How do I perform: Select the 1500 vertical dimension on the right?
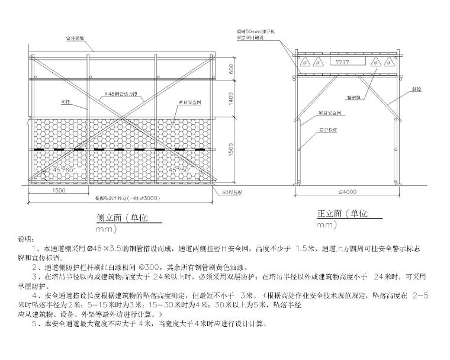232,151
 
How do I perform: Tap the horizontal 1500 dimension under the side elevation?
59,191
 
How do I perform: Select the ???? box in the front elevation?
342,62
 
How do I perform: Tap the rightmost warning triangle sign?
388,62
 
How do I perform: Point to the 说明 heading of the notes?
27,239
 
